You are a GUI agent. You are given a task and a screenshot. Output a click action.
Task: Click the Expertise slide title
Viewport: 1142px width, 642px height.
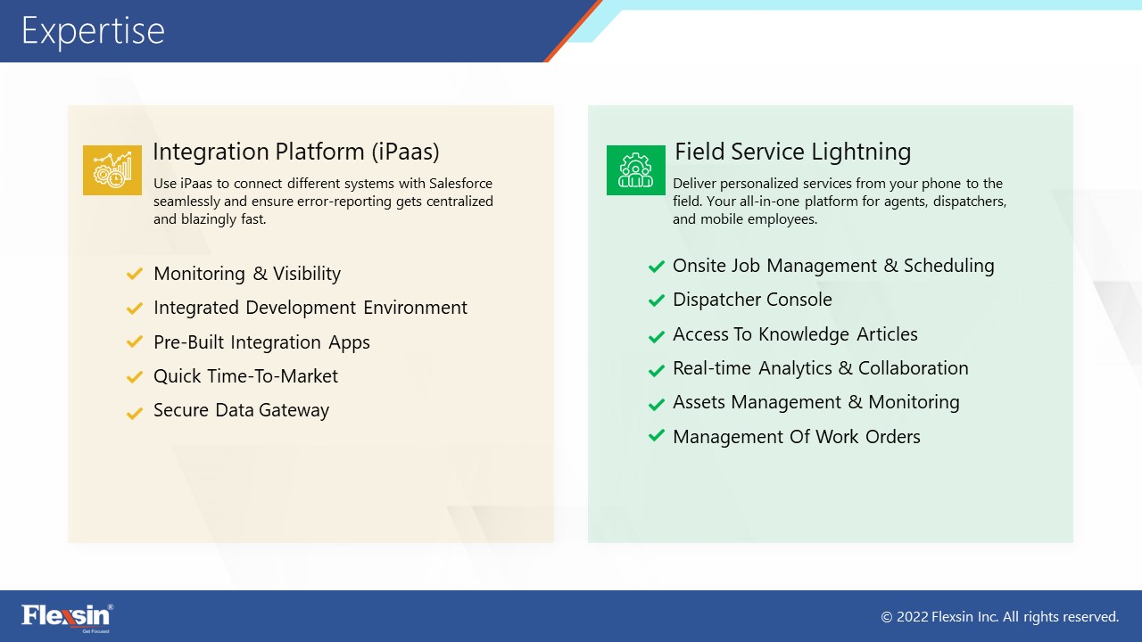(94, 31)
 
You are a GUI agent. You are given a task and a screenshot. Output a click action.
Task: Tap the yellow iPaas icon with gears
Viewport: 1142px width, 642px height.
(112, 170)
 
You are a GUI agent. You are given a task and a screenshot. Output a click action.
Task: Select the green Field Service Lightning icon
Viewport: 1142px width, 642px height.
(636, 170)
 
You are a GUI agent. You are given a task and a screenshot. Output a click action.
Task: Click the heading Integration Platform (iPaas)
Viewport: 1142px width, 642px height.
(296, 152)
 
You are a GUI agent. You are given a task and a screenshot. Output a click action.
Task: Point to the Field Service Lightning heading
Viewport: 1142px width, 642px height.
(793, 152)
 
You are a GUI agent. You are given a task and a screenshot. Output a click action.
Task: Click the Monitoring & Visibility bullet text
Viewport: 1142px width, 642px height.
(247, 274)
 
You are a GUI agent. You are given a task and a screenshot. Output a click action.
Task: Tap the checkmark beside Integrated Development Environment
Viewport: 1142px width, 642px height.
(135, 309)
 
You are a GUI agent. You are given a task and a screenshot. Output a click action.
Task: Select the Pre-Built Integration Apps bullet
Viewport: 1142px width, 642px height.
(261, 342)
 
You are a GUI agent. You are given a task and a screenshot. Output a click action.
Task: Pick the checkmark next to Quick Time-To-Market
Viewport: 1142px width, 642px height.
(135, 377)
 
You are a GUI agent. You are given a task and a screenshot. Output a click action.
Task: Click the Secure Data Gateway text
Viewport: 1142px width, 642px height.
(241, 410)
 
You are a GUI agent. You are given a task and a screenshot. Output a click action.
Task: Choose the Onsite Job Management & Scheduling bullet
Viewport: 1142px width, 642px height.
(833, 266)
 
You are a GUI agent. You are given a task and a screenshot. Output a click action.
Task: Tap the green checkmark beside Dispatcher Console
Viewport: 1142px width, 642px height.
(657, 300)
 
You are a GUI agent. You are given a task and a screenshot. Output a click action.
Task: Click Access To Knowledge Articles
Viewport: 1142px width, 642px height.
(795, 334)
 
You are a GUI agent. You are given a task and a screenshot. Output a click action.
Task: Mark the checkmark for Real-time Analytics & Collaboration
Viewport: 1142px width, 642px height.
(657, 369)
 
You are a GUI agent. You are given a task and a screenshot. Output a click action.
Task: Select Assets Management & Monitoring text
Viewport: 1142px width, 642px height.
(816, 402)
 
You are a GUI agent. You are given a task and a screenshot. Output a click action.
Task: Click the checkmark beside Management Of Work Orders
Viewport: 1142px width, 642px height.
(657, 436)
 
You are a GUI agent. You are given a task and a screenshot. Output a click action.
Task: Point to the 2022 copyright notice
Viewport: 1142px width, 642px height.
(1000, 617)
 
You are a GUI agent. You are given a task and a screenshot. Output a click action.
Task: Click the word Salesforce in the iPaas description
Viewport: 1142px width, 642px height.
(461, 184)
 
